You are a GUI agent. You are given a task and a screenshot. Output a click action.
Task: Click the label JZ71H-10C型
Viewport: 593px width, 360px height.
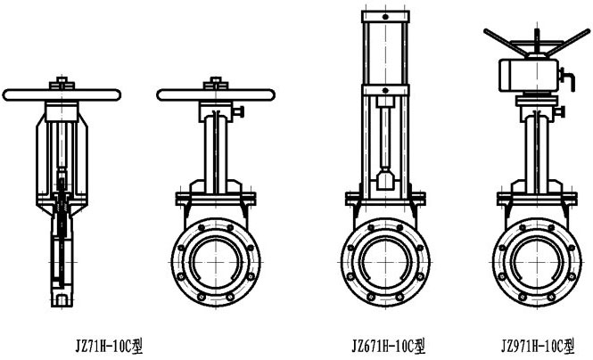click(110, 346)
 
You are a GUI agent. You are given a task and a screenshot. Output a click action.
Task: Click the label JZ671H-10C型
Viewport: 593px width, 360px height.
click(389, 346)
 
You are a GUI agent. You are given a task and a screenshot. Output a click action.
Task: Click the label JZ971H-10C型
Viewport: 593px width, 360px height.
click(539, 346)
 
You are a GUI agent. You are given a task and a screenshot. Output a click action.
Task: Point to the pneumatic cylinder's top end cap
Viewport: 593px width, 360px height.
click(385, 17)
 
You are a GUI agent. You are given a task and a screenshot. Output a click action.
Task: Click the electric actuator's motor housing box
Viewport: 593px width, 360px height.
click(528, 75)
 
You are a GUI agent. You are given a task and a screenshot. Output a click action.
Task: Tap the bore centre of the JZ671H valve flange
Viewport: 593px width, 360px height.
click(385, 262)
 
